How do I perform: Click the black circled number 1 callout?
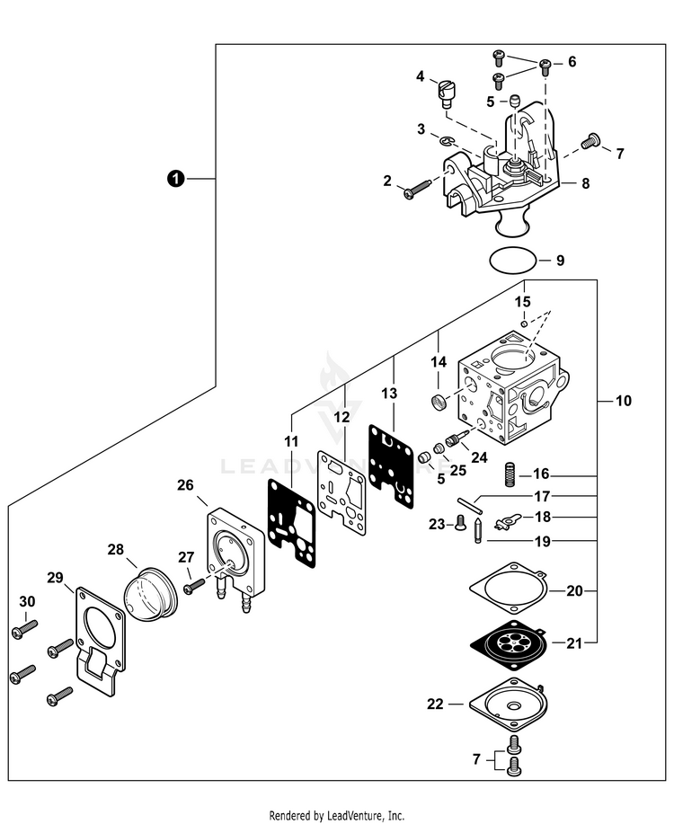[176, 179]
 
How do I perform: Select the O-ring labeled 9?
[513, 261]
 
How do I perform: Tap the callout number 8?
[585, 183]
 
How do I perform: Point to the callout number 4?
[421, 77]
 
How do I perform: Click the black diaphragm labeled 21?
[505, 643]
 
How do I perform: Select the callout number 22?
[436, 704]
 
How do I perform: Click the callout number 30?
[27, 601]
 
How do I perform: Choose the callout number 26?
[185, 485]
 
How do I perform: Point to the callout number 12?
[342, 418]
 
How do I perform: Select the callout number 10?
[624, 400]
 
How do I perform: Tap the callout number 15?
[522, 300]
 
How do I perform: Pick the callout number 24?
[479, 456]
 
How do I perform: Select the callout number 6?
[572, 62]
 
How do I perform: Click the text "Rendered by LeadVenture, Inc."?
[337, 815]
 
